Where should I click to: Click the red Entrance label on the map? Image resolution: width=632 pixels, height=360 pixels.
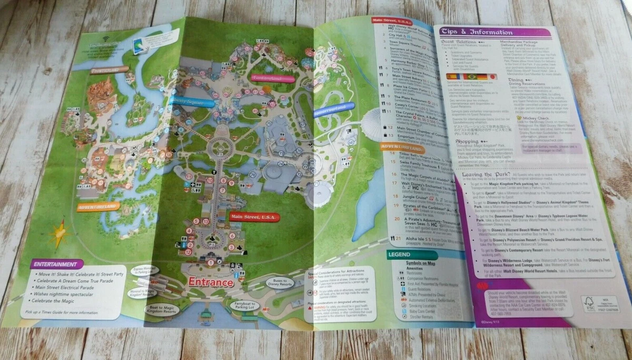tap(211, 282)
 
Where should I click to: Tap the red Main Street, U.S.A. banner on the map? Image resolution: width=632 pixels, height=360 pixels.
tap(254, 216)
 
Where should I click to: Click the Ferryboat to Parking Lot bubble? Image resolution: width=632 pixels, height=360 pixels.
tap(246, 306)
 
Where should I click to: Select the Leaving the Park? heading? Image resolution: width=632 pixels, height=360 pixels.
tap(485, 175)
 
